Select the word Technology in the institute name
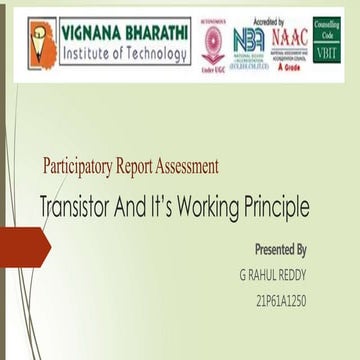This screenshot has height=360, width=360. (152, 53)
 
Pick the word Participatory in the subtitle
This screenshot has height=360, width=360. (84, 167)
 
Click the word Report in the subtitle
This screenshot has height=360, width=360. (150, 167)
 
